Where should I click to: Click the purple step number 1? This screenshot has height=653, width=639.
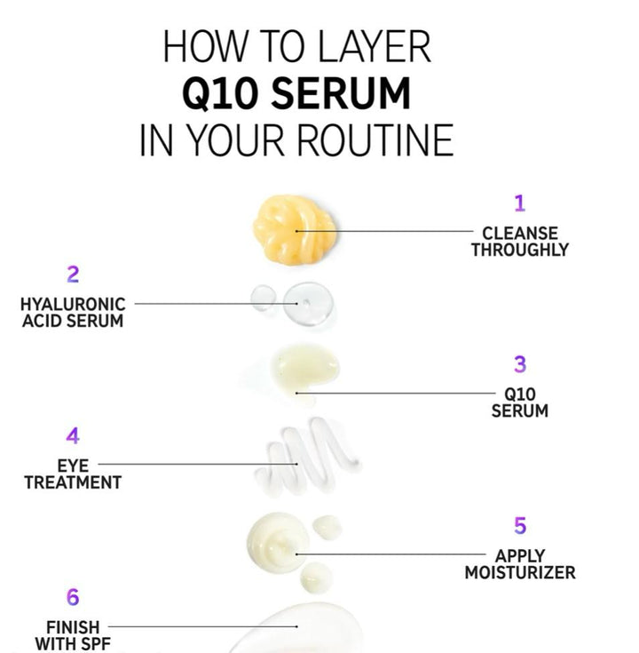click(519, 203)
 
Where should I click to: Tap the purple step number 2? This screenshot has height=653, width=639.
click(73, 275)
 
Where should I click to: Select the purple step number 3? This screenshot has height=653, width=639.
click(520, 364)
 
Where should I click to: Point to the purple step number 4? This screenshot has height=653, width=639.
click(73, 436)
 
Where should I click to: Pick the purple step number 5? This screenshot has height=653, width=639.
click(520, 526)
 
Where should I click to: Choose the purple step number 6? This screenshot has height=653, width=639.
click(73, 597)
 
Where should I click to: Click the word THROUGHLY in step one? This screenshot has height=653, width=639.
click(520, 250)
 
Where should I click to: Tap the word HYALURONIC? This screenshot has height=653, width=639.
click(73, 305)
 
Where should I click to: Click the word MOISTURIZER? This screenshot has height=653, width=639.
click(520, 573)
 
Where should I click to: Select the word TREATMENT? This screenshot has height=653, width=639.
click(73, 482)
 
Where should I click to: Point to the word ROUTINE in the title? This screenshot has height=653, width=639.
click(375, 140)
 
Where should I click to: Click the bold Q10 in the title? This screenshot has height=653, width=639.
click(219, 93)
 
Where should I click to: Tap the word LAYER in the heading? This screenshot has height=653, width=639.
click(373, 46)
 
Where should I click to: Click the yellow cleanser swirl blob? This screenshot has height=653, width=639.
click(295, 229)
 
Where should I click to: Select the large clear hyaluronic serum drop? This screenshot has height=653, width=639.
click(308, 304)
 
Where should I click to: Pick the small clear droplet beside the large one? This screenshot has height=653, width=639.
click(263, 299)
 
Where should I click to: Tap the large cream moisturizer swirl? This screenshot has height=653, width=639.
click(278, 542)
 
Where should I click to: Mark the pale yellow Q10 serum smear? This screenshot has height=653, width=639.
click(306, 369)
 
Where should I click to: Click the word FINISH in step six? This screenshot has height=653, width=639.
click(73, 627)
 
